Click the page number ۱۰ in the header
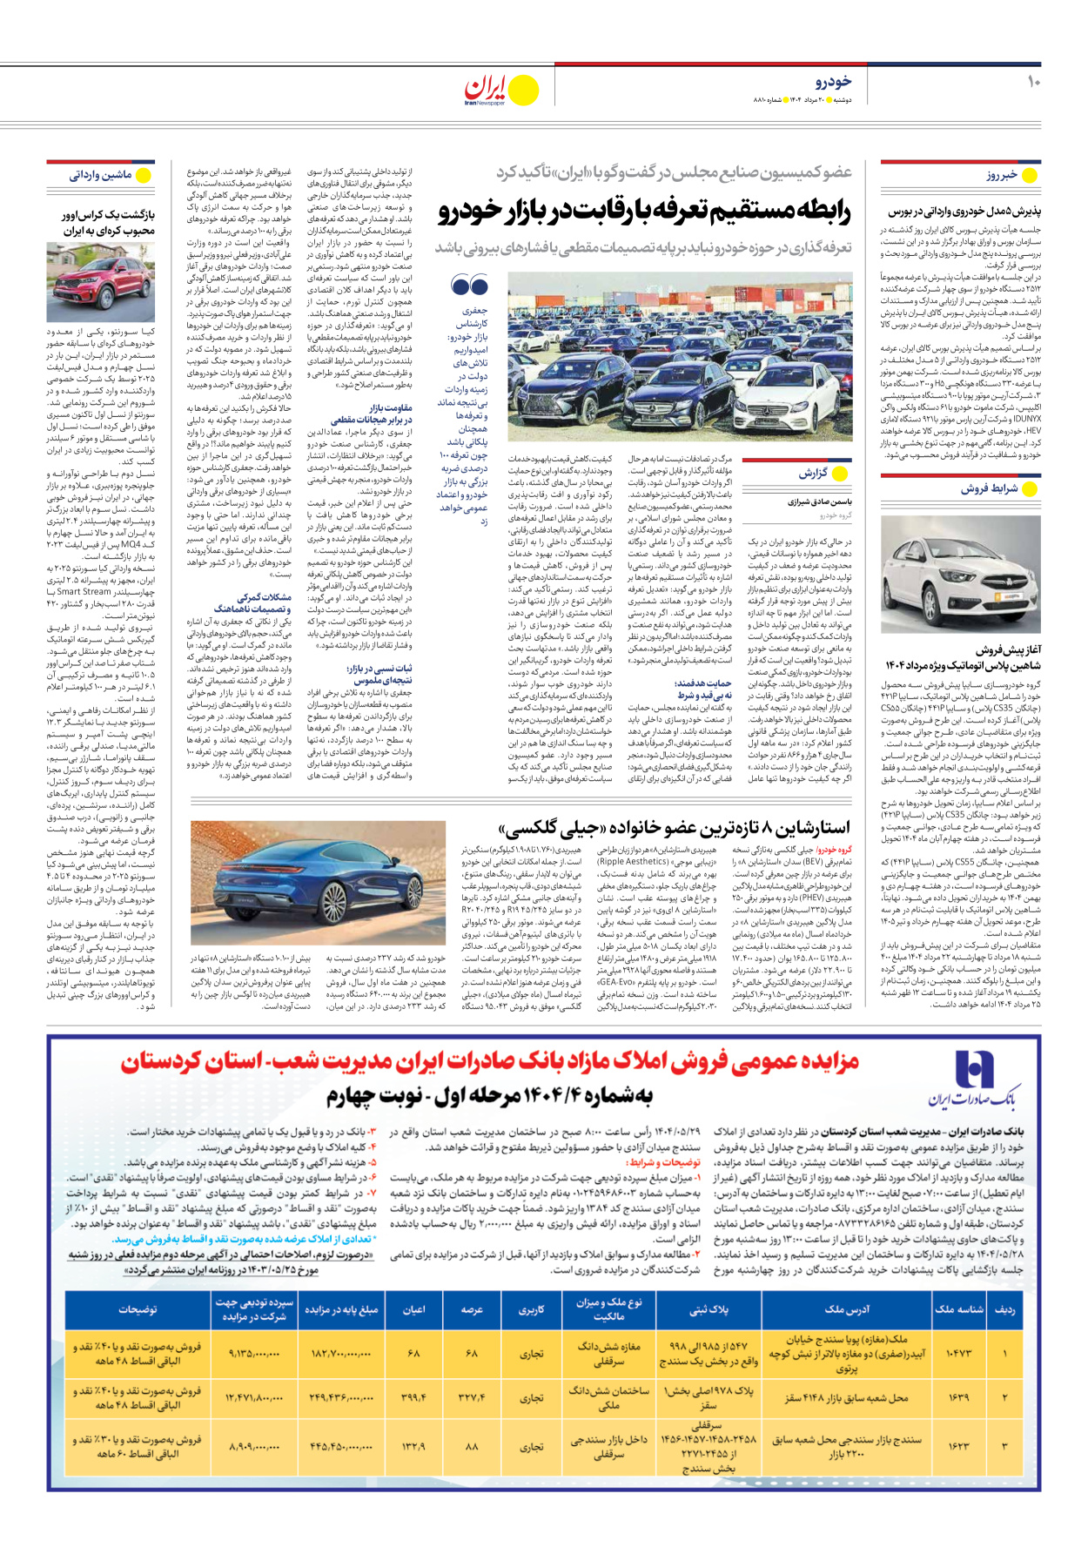[1033, 82]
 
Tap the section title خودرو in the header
[833, 82]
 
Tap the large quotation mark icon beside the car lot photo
[469, 285]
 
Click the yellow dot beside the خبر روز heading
[1031, 175]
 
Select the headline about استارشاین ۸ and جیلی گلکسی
[675, 827]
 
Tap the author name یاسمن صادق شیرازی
[820, 502]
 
